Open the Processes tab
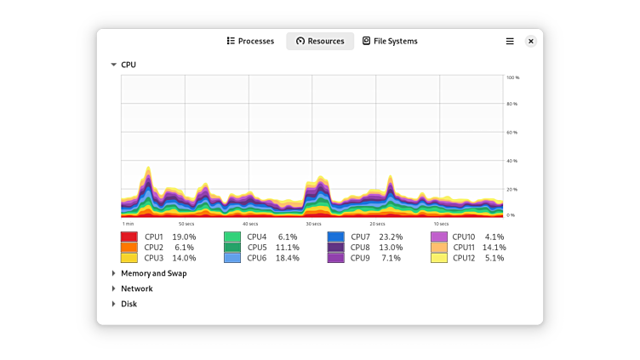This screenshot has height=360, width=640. point(250,41)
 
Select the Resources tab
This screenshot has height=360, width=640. point(320,41)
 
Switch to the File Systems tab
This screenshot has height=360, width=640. point(390,41)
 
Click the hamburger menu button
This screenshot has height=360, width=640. point(510,41)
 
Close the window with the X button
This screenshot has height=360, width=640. point(531,41)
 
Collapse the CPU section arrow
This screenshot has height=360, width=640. point(113,65)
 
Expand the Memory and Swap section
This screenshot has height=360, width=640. point(113,273)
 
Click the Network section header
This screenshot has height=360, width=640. point(136,289)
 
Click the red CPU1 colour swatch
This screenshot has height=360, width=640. point(129,237)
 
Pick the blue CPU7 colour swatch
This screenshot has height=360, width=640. point(335,237)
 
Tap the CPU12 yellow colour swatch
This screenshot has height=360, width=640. point(439,258)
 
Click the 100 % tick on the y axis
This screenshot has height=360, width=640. point(512,77)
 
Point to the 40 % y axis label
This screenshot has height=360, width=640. point(512,161)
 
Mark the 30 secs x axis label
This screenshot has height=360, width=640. point(313,224)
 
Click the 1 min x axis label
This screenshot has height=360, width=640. point(127,224)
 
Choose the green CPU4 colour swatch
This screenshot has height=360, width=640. point(232,237)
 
